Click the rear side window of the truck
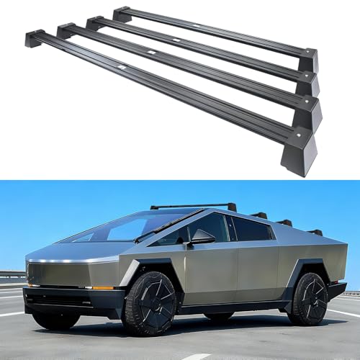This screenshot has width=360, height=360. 252,229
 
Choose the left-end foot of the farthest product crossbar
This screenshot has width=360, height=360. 121,14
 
